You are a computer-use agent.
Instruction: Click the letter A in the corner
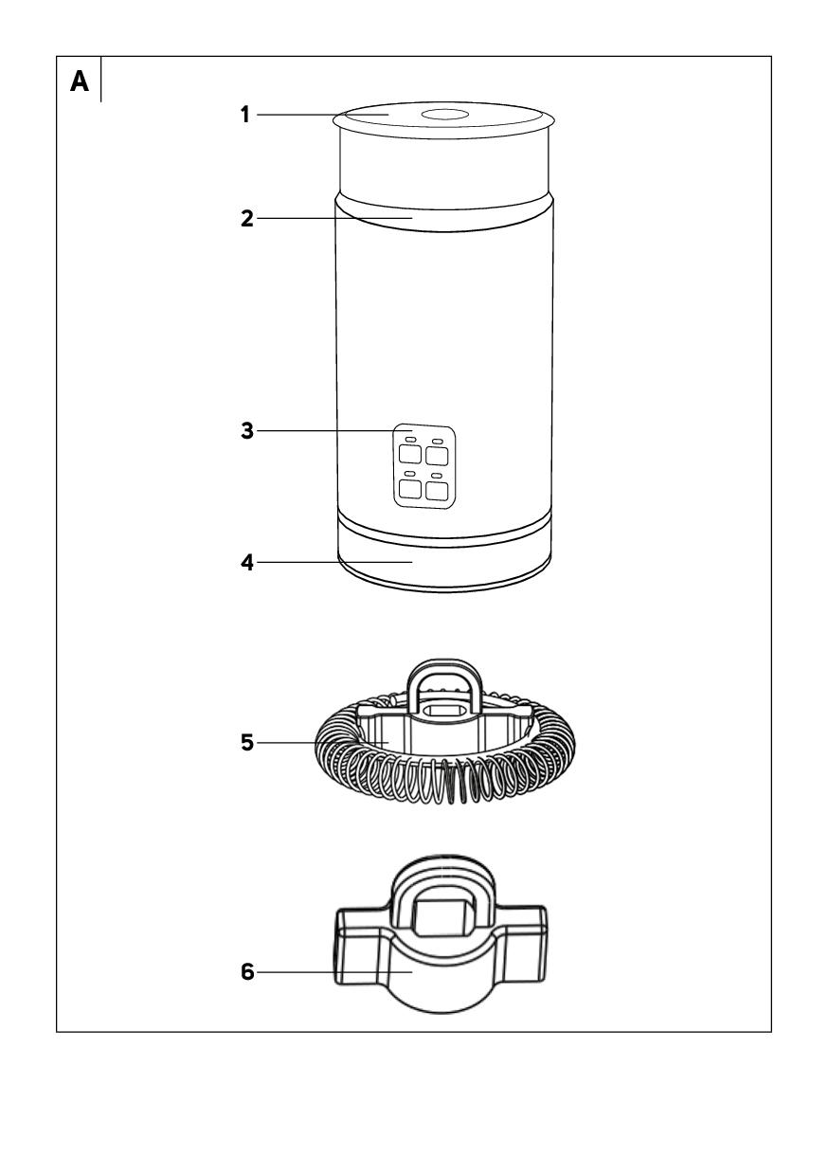tap(80, 81)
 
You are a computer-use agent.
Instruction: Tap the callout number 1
tap(244, 115)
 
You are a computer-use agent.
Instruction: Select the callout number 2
tap(247, 218)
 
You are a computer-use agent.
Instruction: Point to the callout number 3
tap(247, 430)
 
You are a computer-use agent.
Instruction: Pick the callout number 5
tap(247, 742)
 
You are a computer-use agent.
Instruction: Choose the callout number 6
tap(247, 971)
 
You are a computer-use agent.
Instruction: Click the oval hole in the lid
tap(444, 115)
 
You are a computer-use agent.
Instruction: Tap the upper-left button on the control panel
tap(409, 454)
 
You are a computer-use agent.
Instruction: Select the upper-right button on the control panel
tap(437, 455)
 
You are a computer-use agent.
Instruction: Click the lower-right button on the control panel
tap(437, 491)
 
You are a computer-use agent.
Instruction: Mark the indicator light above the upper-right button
tap(438, 440)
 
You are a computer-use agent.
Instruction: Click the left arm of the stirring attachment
tap(363, 944)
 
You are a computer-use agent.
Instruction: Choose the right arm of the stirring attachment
tap(521, 944)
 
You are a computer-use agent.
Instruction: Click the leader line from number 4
tap(334, 562)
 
